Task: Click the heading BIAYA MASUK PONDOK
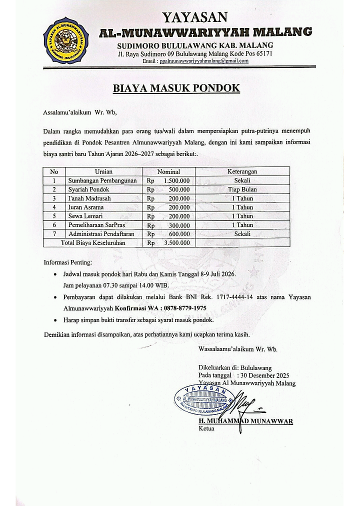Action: [x=176, y=88]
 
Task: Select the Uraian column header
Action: [x=103, y=171]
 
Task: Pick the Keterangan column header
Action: [x=242, y=171]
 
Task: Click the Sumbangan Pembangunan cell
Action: [x=102, y=180]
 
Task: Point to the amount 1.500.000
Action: [x=176, y=180]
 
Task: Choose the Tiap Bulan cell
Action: [x=242, y=189]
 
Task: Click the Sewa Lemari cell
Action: [x=85, y=216]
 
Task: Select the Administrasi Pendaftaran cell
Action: [x=104, y=234]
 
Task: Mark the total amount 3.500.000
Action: [x=176, y=243]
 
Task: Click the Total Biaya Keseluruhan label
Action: [x=93, y=243]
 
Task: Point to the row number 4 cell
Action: [x=53, y=207]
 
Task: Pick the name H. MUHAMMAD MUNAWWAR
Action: [x=245, y=421]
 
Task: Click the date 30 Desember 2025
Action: [x=264, y=375]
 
